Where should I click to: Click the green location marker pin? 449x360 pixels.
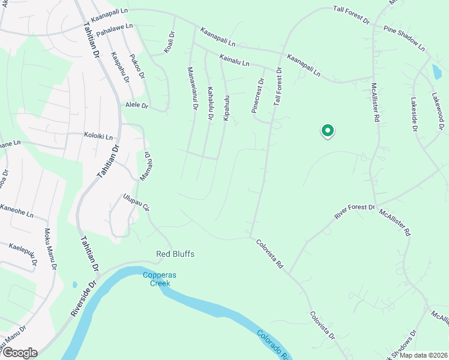[x=327, y=130]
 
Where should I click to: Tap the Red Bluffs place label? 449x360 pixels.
[x=175, y=254]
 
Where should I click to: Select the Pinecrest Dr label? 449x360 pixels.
[x=257, y=96]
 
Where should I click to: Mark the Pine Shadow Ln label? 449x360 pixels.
[x=404, y=38]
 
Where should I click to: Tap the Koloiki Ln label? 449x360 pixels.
[x=98, y=136]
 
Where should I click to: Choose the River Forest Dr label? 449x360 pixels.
[x=354, y=214]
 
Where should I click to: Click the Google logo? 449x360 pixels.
[x=19, y=352]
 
